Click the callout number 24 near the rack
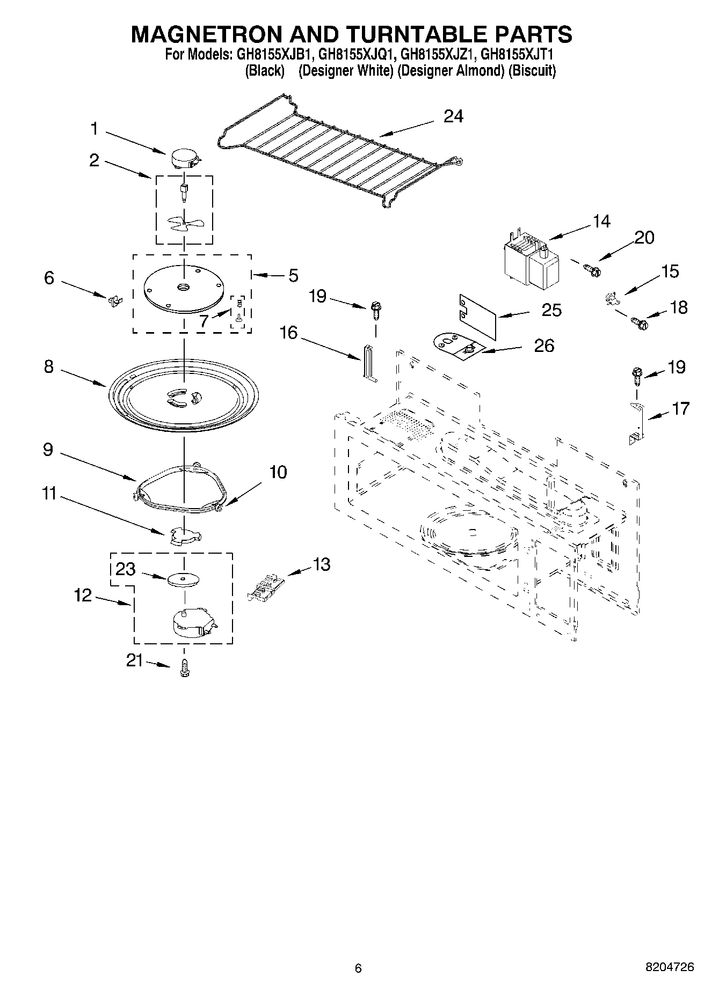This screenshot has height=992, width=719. click(453, 116)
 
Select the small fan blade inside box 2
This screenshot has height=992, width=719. click(183, 222)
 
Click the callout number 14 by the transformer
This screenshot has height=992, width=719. click(601, 221)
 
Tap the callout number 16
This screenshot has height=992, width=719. click(289, 333)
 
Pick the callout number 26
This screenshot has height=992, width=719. click(543, 345)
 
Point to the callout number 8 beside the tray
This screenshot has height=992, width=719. click(48, 366)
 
